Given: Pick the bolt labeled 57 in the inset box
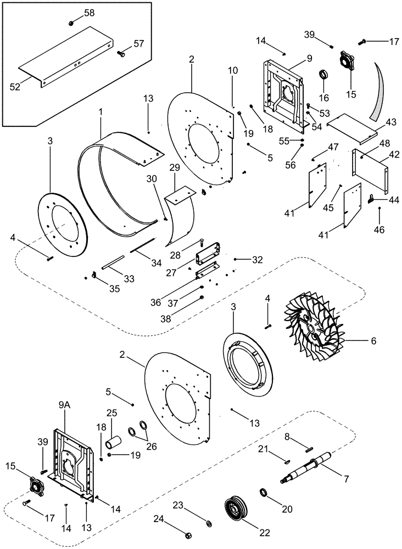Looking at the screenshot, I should [x=121, y=53].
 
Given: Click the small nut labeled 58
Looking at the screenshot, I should [x=71, y=23].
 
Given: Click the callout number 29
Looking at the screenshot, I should [x=174, y=166].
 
